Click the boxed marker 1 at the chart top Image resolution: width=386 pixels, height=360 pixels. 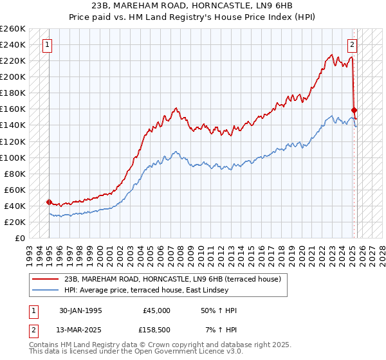[48, 45]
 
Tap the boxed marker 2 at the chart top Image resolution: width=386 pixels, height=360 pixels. [353, 45]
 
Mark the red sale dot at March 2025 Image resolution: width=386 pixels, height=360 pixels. [354, 111]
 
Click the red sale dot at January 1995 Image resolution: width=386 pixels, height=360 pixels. [50, 202]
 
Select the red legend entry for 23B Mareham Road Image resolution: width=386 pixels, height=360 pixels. [172, 279]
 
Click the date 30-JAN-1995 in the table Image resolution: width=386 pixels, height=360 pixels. [80, 310]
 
